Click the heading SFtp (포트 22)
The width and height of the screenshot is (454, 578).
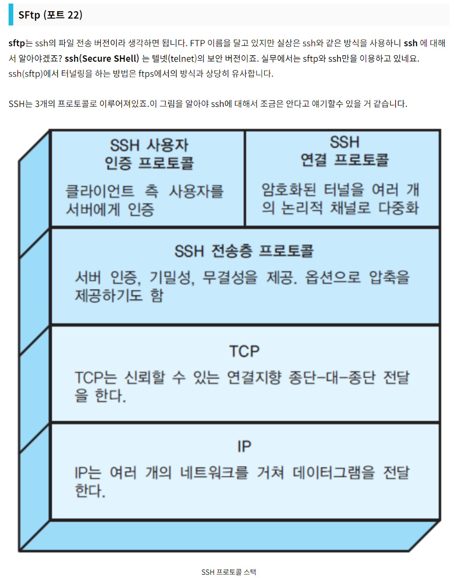50,15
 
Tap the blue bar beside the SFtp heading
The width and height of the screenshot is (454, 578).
11,15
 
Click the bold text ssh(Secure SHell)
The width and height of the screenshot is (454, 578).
102,59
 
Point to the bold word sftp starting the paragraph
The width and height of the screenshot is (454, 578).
17,43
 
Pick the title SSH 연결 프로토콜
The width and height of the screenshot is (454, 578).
344,151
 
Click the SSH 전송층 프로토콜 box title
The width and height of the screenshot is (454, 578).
244,251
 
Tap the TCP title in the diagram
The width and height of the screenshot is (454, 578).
244,351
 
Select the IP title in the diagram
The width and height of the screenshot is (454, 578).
244,447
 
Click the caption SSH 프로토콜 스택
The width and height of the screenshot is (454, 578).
229,572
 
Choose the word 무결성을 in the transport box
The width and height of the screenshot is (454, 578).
230,277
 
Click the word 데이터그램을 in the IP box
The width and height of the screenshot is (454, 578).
334,473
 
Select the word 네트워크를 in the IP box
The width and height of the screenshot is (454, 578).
214,473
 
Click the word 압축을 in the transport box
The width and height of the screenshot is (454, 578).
389,277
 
